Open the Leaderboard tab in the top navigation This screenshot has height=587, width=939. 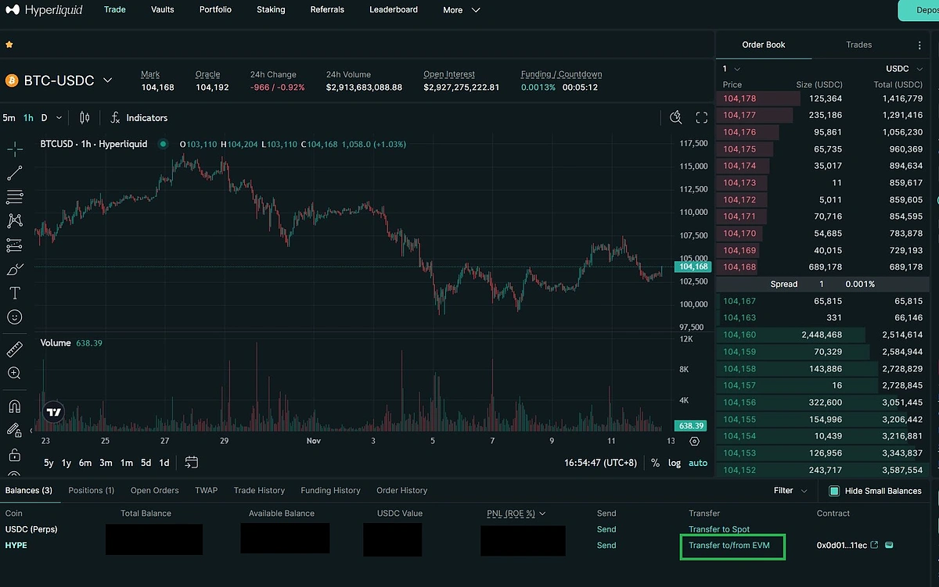[394, 10]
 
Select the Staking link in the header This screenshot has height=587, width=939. [271, 10]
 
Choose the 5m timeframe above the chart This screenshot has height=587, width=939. [9, 118]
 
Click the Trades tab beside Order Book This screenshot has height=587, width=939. [858, 45]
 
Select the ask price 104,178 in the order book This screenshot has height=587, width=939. [739, 98]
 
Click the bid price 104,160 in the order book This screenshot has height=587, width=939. [739, 335]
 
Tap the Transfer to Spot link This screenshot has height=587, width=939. [719, 529]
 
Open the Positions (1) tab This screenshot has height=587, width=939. [92, 490]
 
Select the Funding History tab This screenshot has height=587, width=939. [330, 490]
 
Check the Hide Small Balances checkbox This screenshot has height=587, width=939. [834, 491]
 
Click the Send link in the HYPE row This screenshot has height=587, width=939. [606, 546]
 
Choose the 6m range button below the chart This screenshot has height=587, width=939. [85, 463]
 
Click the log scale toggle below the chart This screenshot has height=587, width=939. [675, 463]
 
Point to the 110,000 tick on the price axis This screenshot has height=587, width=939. [693, 212]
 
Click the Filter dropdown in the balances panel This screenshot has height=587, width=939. [790, 491]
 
